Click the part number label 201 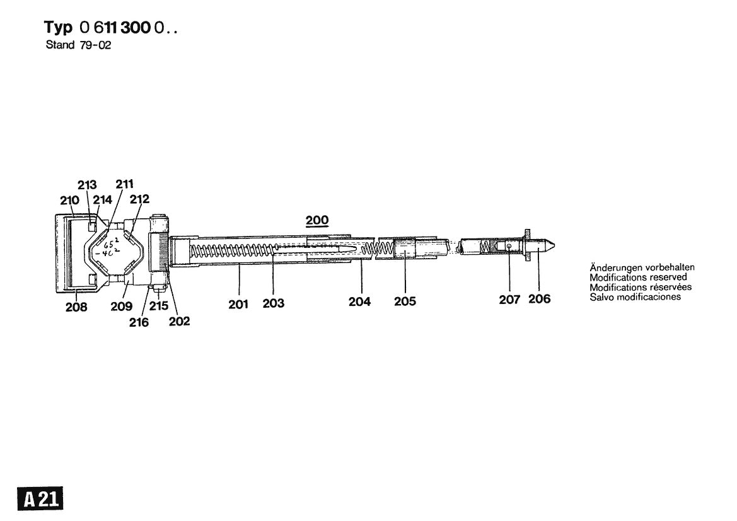[238, 304]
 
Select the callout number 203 [274, 304]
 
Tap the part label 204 [359, 301]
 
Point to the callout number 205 [405, 301]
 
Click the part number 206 [539, 299]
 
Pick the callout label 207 [509, 300]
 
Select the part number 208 [76, 308]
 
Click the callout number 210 [69, 201]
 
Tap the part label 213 [87, 185]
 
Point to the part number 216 [139, 322]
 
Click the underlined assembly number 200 [317, 220]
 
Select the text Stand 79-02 [79, 46]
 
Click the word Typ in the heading [59, 28]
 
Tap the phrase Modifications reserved [638, 278]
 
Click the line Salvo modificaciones [635, 296]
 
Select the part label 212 [139, 199]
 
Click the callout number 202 [179, 321]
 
